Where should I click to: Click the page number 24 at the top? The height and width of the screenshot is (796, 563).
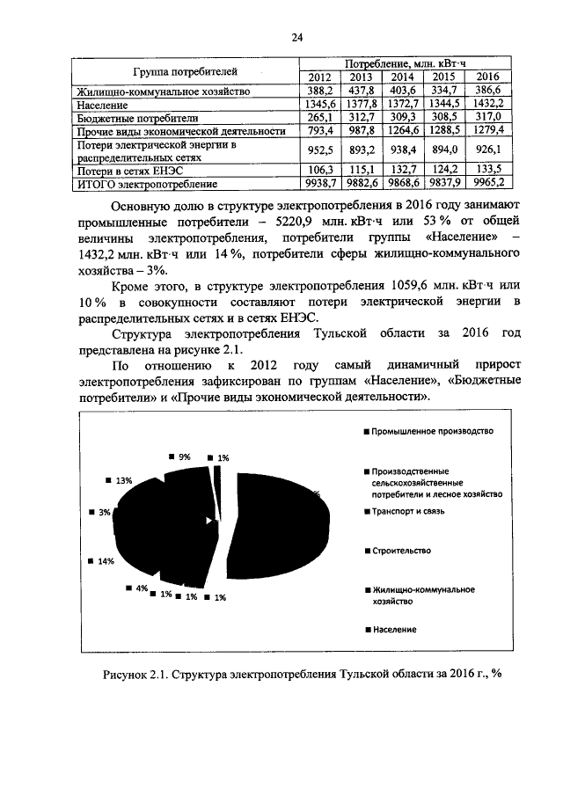[296, 36]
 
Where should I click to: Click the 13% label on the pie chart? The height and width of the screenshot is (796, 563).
[122, 480]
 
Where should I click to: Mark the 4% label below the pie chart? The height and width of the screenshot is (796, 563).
[140, 588]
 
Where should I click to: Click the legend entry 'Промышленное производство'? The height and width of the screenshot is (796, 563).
[432, 432]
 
